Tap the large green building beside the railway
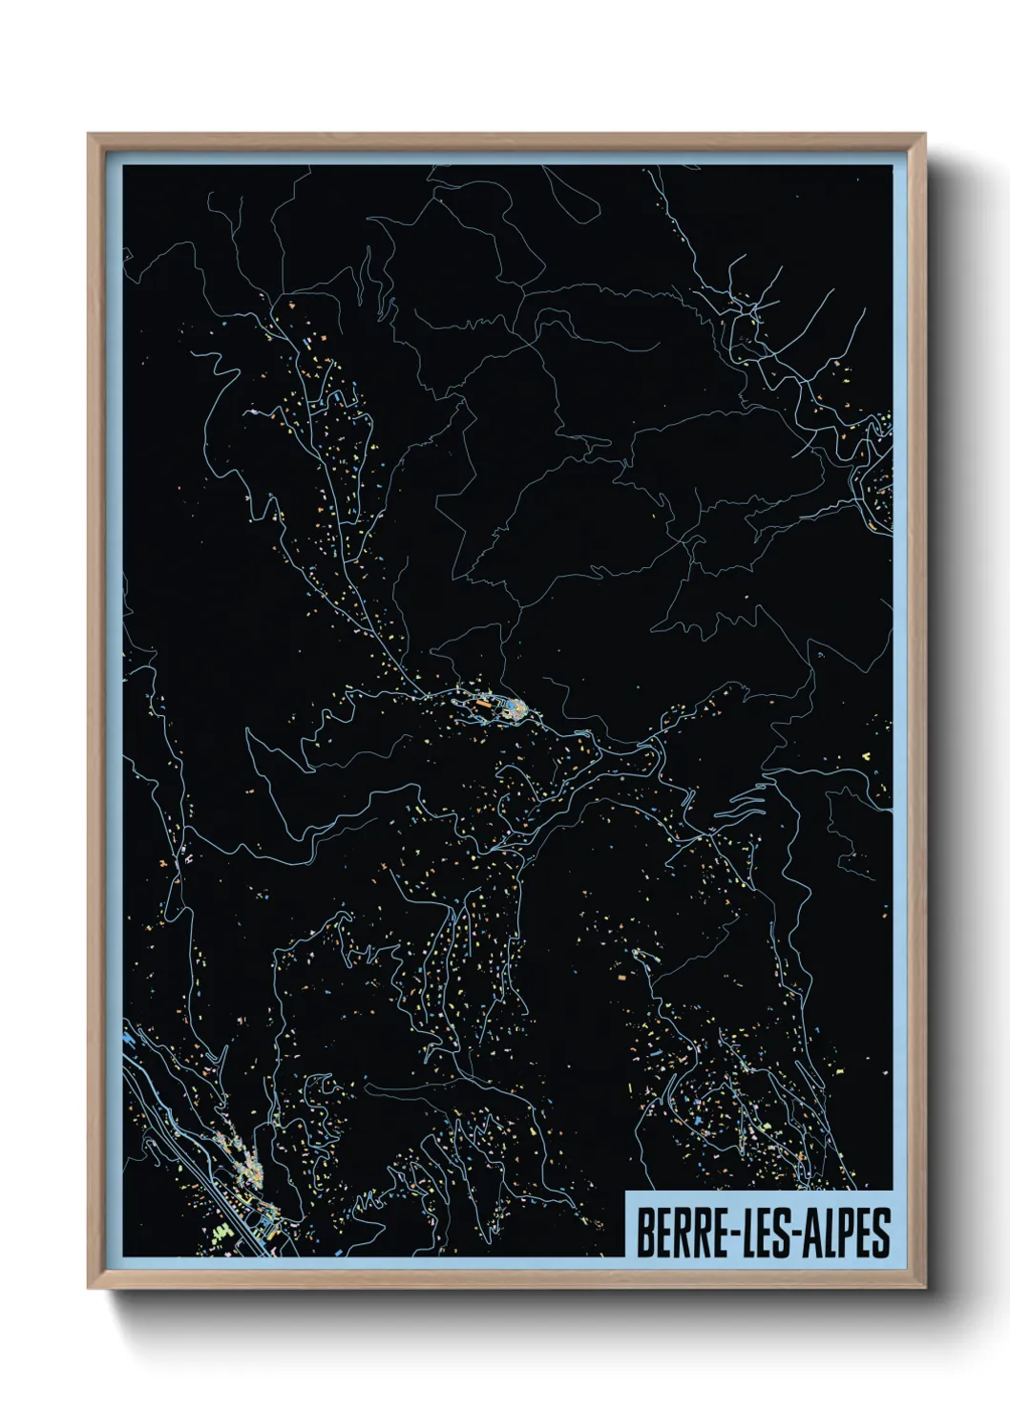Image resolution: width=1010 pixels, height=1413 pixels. [221, 1232]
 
